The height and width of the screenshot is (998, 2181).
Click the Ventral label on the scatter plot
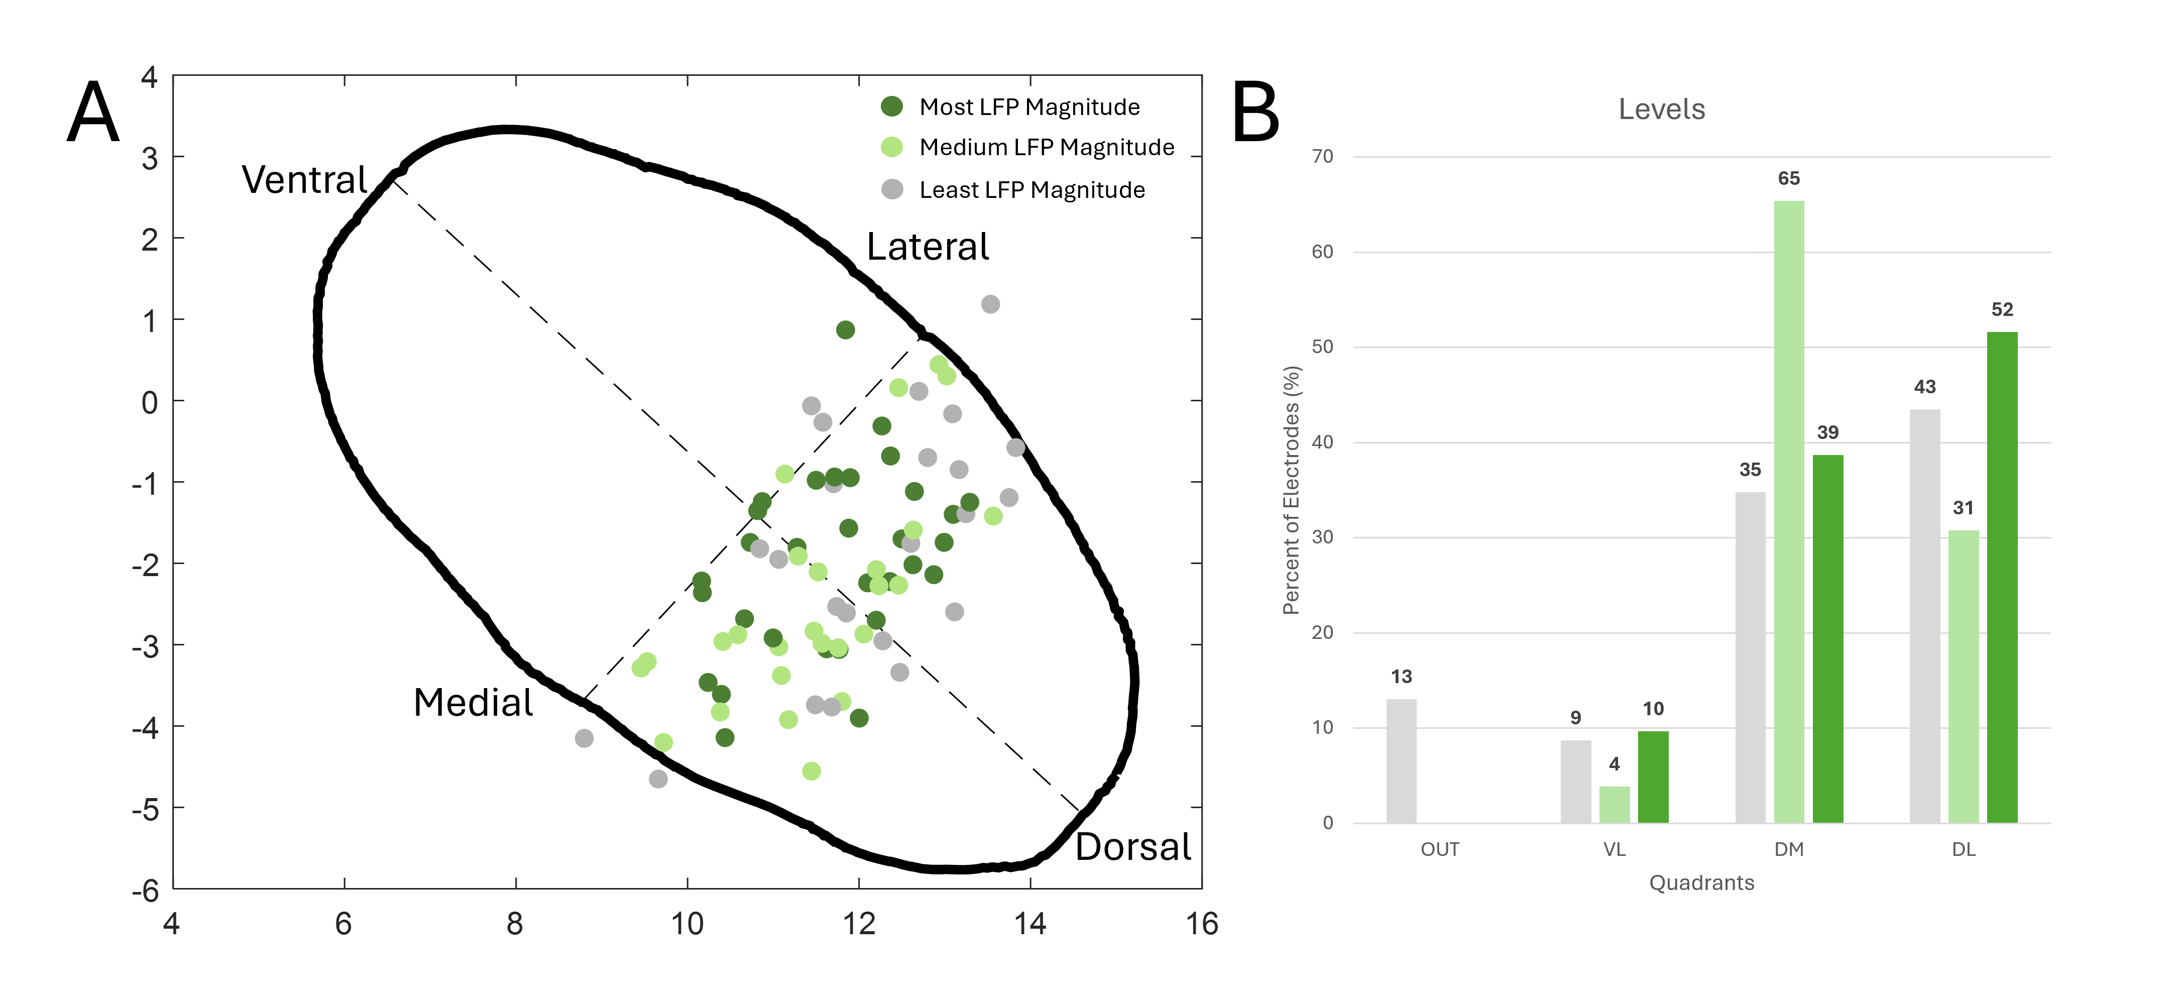304,179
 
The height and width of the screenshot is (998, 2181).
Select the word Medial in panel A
473,703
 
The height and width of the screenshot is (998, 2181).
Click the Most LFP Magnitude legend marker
891,106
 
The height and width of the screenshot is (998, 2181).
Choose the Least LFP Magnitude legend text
1032,190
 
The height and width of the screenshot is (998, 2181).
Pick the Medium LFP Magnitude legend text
1047,147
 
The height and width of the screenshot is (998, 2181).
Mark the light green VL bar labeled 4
1615,804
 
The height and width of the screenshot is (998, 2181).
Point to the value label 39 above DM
1828,432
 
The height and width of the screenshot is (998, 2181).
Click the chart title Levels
1661,109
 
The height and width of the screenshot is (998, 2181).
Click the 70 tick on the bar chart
1322,157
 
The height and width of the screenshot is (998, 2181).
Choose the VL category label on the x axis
1615,849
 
